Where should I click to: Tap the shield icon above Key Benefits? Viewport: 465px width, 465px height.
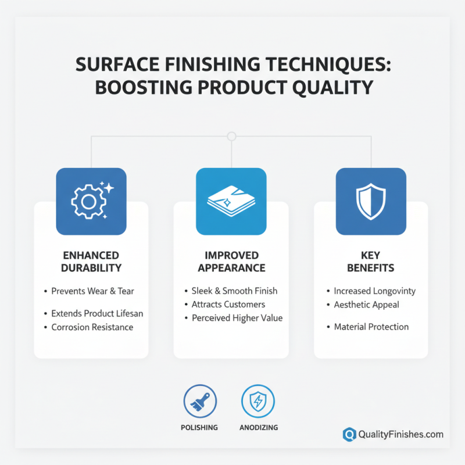(x=371, y=201)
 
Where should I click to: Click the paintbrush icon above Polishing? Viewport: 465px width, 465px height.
(x=200, y=402)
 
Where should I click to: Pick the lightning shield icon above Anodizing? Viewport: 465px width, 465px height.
(x=258, y=402)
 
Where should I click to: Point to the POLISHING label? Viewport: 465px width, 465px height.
(x=200, y=427)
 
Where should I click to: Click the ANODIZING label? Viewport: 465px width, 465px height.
(x=258, y=427)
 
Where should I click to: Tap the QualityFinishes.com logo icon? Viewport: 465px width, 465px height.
(x=349, y=434)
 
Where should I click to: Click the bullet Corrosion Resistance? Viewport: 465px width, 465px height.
(x=92, y=327)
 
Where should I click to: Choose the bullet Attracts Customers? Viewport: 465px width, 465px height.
(x=228, y=304)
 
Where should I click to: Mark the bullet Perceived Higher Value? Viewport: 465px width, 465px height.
(x=237, y=318)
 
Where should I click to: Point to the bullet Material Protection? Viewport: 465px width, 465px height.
(x=371, y=327)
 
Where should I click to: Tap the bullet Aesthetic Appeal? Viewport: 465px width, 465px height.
(x=366, y=304)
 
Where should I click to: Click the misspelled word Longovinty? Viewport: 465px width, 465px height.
(x=395, y=291)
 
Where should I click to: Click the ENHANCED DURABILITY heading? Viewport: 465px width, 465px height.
(x=92, y=262)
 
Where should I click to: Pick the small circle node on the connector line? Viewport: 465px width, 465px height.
(x=232, y=137)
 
